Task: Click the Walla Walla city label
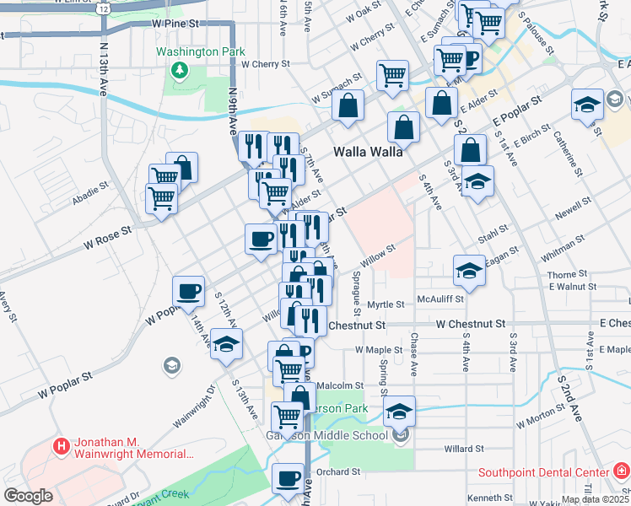pos(367,153)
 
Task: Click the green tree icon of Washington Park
pos(178,71)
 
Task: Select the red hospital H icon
pos(61,446)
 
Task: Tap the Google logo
pos(28,496)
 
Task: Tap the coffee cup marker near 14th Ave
pos(188,291)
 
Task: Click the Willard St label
pos(464,449)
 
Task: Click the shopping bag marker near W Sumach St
pos(347,106)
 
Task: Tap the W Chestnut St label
pos(470,324)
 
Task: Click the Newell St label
pos(573,209)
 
